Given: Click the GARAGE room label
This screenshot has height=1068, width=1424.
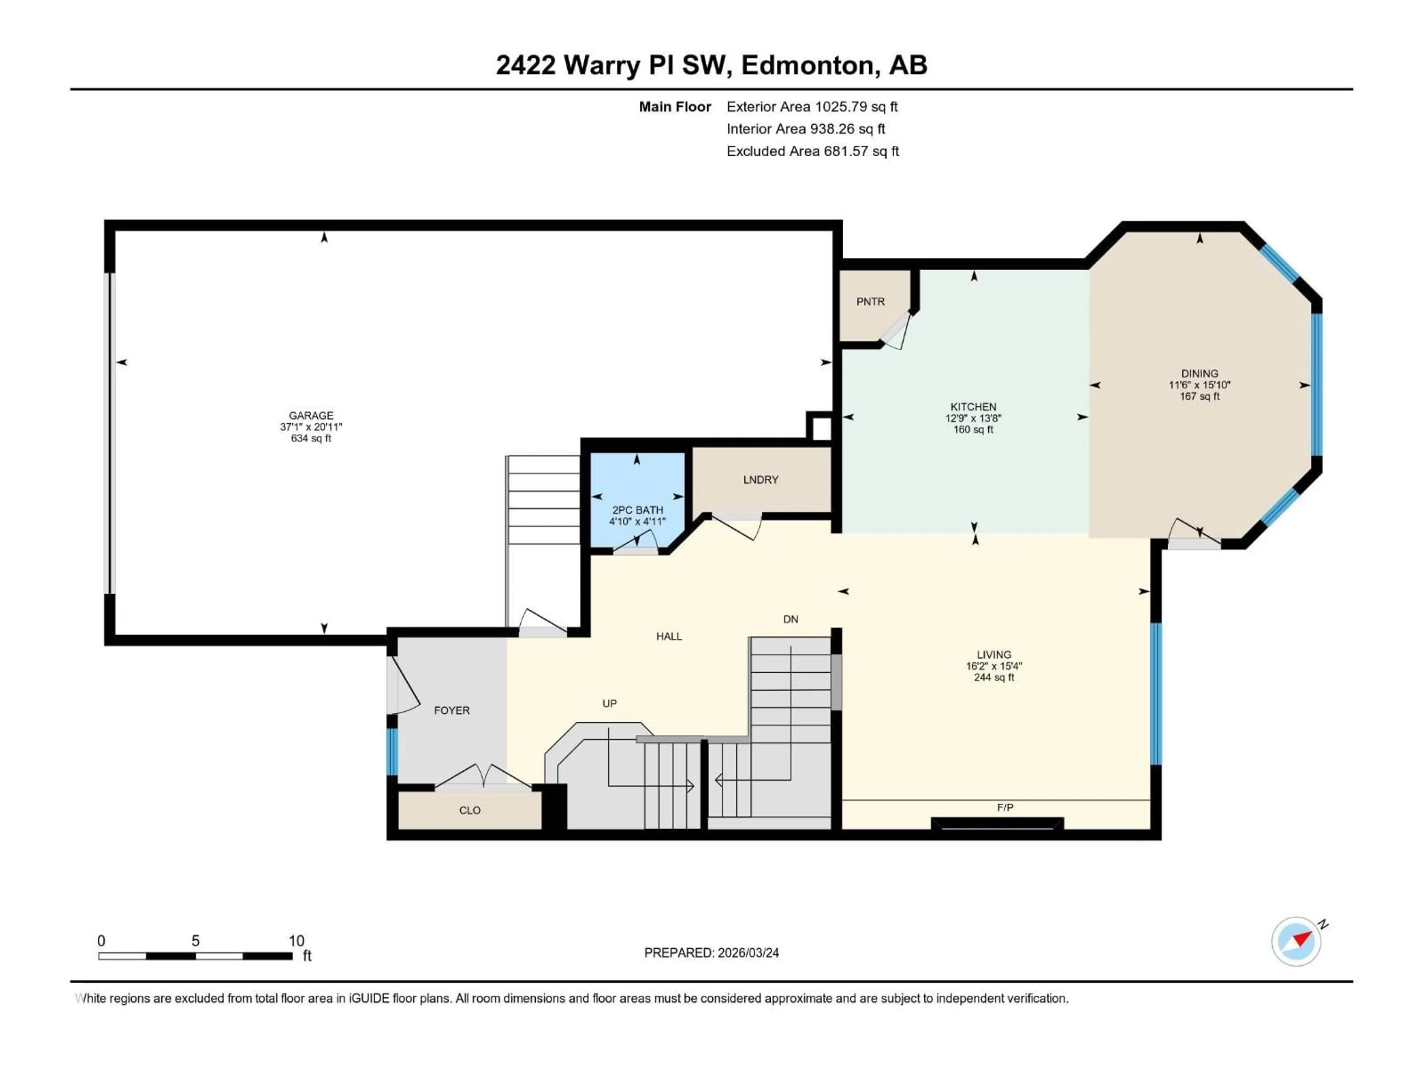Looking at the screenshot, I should click(311, 415).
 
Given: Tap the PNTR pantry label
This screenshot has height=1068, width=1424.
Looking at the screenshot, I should click(870, 301).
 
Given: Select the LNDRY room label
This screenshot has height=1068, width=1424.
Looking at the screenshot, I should click(760, 479).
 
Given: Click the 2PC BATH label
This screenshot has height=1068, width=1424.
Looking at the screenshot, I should click(637, 510).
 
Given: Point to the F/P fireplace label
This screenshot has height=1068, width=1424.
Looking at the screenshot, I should click(1005, 807).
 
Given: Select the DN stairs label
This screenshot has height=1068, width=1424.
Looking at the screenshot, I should click(791, 619).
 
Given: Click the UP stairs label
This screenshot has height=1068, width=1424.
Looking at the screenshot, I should click(609, 703).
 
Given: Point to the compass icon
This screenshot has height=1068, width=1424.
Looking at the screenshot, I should click(1296, 941).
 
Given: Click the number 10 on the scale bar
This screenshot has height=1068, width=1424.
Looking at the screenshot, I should click(296, 940).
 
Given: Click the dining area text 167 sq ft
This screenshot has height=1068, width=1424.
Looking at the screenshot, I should click(1199, 396).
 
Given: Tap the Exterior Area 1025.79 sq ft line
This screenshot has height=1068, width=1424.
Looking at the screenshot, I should click(812, 107).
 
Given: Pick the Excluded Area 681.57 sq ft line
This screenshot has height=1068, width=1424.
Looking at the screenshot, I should click(812, 151).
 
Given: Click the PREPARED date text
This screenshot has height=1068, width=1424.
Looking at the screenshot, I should click(711, 953).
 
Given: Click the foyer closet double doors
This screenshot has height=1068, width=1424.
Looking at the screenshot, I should click(483, 776).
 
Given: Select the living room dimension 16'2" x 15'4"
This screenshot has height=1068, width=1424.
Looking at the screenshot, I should click(993, 666).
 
